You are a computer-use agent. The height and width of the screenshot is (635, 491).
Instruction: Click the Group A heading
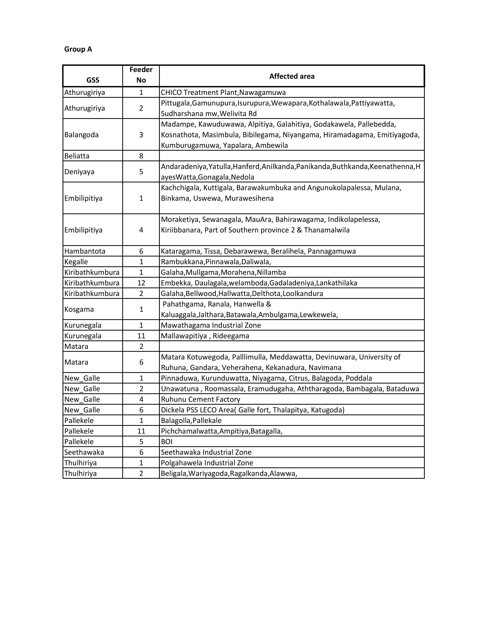coord(78,49)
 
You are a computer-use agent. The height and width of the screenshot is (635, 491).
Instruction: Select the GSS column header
coord(93,80)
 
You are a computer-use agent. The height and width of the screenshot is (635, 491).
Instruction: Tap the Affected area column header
coord(292,76)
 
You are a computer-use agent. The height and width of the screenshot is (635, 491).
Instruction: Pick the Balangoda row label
coord(81,135)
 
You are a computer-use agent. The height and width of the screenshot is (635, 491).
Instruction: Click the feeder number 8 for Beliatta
coord(141,156)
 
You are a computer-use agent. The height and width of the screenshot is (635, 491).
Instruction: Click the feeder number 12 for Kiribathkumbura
coord(141,283)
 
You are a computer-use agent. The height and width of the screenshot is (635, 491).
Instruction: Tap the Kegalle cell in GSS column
coord(76,262)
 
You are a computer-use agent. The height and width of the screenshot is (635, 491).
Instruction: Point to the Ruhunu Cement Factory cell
coord(201,399)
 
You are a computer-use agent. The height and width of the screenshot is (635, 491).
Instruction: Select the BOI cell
coord(167,442)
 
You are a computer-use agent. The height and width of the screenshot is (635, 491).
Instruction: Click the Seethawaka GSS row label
coord(84,452)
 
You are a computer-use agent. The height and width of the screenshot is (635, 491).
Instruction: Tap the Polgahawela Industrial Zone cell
coord(207,463)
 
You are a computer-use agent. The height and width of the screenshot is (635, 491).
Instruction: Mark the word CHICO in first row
coord(171,92)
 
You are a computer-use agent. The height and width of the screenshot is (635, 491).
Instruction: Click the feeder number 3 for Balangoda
coord(141,135)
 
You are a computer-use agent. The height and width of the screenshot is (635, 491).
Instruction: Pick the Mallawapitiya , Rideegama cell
coord(205,336)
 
